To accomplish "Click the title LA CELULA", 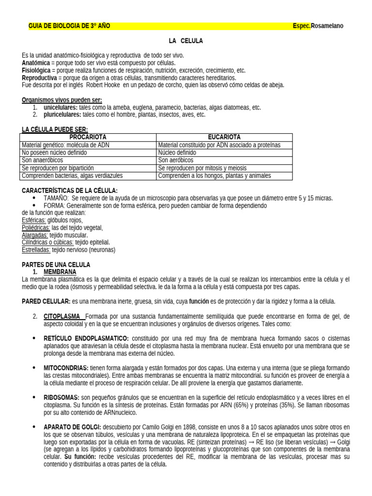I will (x=186, y=41).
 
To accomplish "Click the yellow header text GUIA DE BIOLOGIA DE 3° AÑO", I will (x=69, y=26).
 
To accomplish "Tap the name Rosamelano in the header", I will (x=327, y=26).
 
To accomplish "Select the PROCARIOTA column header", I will (x=88, y=138).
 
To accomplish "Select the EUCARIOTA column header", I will (x=224, y=138).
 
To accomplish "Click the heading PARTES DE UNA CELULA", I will (x=56, y=265).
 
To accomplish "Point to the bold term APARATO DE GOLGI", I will (x=72, y=427).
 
